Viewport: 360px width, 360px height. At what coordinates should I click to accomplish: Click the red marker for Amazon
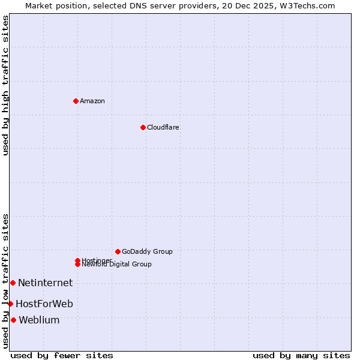(x=76, y=101)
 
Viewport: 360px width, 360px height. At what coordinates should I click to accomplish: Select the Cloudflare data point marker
(x=143, y=127)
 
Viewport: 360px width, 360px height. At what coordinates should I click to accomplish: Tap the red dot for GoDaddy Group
(x=118, y=251)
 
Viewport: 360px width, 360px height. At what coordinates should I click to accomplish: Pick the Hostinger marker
(x=77, y=260)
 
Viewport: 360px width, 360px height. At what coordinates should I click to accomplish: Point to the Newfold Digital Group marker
(x=77, y=264)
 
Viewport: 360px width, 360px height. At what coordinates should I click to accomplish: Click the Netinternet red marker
(x=13, y=283)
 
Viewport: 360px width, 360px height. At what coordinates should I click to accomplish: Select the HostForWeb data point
(x=10, y=304)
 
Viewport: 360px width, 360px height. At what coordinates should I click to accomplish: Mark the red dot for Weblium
(x=13, y=320)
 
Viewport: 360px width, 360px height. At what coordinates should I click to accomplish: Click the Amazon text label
(x=92, y=101)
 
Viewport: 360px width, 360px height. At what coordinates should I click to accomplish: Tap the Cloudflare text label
(x=163, y=127)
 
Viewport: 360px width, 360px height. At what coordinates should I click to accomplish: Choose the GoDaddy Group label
(x=147, y=251)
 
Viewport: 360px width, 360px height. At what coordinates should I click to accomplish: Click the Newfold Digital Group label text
(x=117, y=265)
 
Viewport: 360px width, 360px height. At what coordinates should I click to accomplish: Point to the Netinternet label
(x=45, y=283)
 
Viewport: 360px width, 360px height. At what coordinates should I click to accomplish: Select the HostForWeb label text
(x=44, y=304)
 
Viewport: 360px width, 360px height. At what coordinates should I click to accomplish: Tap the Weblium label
(x=39, y=320)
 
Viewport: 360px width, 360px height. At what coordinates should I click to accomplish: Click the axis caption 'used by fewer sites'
(x=62, y=355)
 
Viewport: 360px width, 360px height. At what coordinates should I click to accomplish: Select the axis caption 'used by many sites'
(x=301, y=355)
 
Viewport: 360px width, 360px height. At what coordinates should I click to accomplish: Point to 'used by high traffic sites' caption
(x=5, y=85)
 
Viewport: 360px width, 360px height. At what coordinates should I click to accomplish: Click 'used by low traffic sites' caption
(x=5, y=280)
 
